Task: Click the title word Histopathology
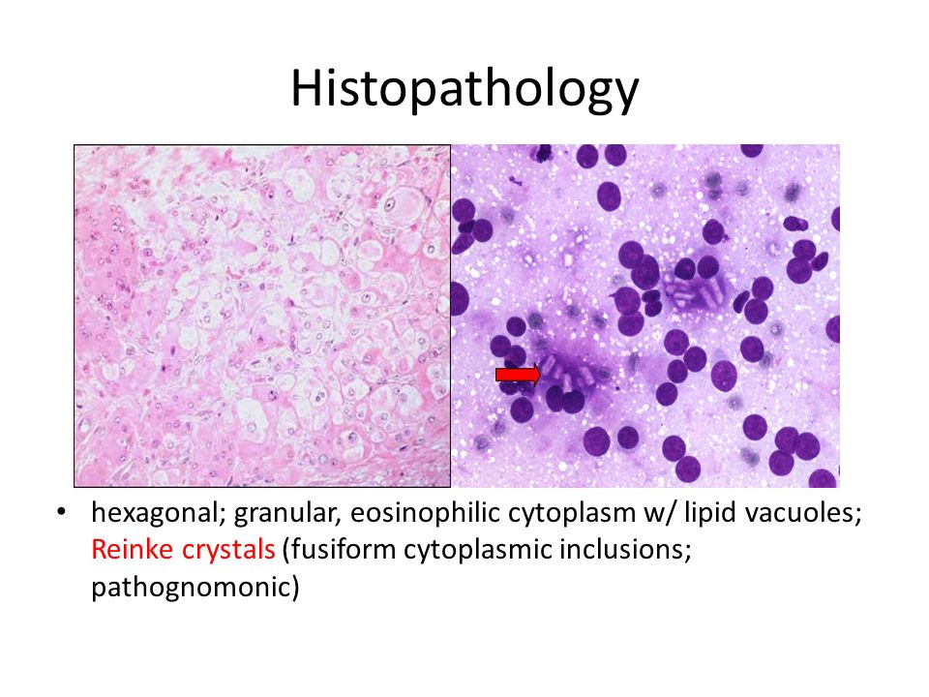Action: pos(464,89)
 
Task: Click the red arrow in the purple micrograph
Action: pos(518,375)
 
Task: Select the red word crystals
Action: pos(228,550)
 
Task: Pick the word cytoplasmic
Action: pos(477,550)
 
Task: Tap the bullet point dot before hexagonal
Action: pos(61,511)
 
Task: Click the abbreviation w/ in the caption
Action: pos(660,513)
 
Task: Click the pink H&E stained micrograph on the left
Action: pos(262,316)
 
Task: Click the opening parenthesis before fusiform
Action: pos(286,550)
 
